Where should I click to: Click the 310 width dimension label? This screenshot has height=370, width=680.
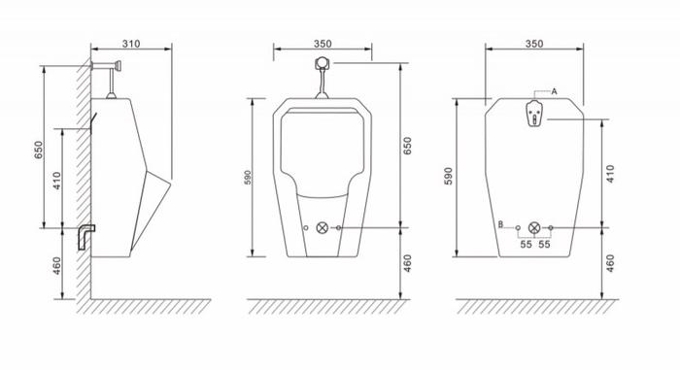pyautogui.click(x=131, y=44)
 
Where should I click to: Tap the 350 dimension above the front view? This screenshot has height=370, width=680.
pyautogui.click(x=323, y=44)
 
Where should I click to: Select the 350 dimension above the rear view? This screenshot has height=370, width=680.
pyautogui.click(x=534, y=44)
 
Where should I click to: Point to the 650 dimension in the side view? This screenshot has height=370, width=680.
pyautogui.click(x=39, y=150)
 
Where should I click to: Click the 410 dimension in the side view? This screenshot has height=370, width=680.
pyautogui.click(x=57, y=181)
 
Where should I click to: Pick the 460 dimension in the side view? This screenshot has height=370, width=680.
pyautogui.click(x=56, y=266)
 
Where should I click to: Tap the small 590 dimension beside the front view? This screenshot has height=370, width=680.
pyautogui.click(x=248, y=178)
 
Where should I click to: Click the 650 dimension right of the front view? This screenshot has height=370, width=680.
pyautogui.click(x=407, y=146)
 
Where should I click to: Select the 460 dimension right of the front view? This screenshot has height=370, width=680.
pyautogui.click(x=407, y=263)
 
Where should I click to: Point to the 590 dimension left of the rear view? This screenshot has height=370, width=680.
pyautogui.click(x=449, y=176)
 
